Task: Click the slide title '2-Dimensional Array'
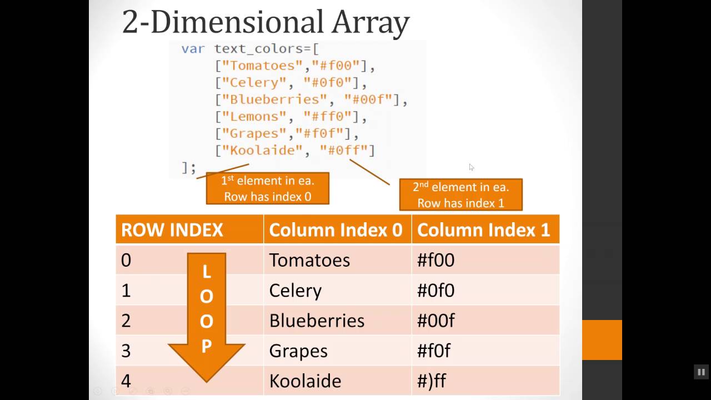click(266, 22)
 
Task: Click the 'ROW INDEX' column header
click(172, 230)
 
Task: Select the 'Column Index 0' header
click(336, 230)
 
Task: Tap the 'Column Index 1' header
click(483, 230)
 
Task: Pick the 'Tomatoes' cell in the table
click(309, 260)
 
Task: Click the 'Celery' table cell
click(295, 291)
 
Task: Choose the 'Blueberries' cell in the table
click(317, 321)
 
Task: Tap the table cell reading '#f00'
click(435, 260)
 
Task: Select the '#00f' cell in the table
click(435, 321)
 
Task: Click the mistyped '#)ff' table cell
click(431, 381)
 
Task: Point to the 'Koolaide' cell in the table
click(305, 381)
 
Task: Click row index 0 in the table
click(126, 261)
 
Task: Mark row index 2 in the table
click(126, 321)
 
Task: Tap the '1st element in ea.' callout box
click(268, 188)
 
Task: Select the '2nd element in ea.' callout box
click(460, 194)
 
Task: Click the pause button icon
click(701, 372)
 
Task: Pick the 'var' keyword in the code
click(193, 49)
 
